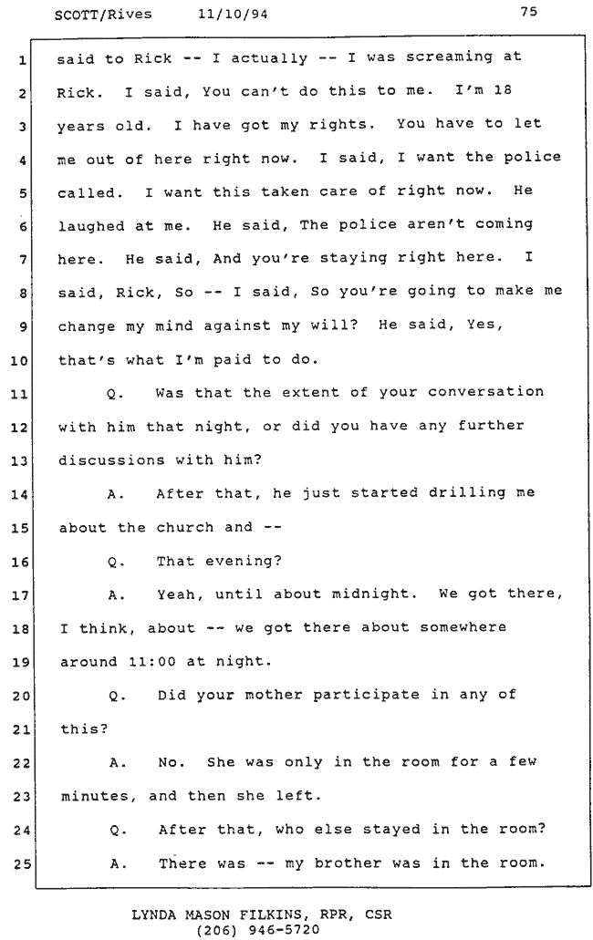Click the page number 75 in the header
click(529, 11)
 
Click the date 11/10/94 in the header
click(233, 14)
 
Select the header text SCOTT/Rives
click(103, 15)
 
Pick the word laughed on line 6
click(91, 226)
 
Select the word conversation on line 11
click(485, 392)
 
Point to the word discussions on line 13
click(111, 460)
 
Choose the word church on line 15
click(184, 528)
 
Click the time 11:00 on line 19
click(152, 662)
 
